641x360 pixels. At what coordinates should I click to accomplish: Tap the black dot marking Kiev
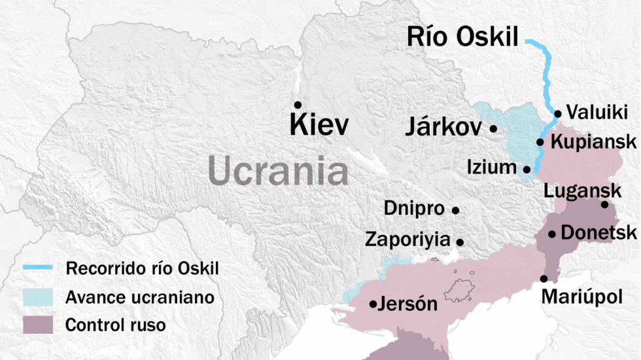[x=298, y=105]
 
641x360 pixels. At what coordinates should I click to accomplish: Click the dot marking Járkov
[x=493, y=129]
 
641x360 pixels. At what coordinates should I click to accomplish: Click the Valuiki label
[x=597, y=111]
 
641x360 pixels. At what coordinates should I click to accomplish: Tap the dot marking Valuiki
[x=558, y=114]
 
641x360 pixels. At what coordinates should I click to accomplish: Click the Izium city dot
[x=527, y=169]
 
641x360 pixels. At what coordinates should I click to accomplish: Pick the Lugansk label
[x=582, y=190]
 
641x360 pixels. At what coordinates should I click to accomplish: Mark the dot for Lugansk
[x=605, y=205]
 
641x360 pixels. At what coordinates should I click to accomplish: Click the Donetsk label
[x=598, y=232]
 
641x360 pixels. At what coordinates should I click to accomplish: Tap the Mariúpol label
[x=582, y=298]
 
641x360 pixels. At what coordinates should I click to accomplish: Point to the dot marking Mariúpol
[x=544, y=279]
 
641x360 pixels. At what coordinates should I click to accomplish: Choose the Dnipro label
[x=414, y=209]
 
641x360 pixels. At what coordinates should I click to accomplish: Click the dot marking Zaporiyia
[x=460, y=242]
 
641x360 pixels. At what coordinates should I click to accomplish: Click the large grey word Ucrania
[x=278, y=171]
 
